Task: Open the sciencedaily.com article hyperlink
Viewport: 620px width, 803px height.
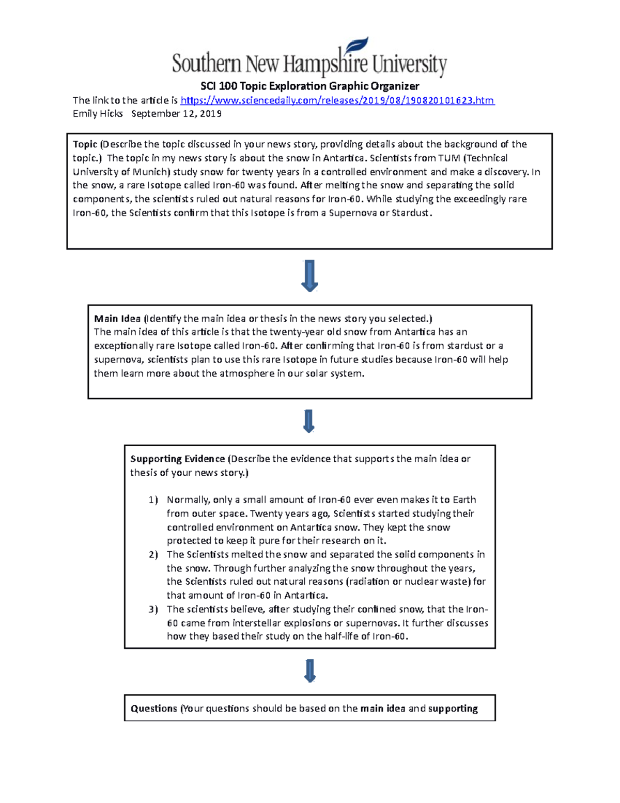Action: [337, 100]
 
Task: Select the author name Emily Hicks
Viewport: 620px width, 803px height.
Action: [98, 114]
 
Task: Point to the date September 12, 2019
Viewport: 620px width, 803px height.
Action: [176, 114]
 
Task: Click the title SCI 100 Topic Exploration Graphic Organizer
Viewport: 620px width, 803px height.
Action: [309, 86]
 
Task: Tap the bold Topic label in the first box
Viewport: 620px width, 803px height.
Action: [85, 144]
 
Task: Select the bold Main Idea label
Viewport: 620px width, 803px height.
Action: [117, 319]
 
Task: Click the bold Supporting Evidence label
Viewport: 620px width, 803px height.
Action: [177, 459]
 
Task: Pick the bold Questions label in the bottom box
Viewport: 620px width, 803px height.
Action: [153, 708]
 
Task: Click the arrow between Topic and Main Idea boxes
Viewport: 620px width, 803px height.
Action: [309, 276]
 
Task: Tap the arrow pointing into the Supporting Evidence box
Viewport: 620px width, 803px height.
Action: [309, 421]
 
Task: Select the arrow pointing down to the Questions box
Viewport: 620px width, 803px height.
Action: [309, 671]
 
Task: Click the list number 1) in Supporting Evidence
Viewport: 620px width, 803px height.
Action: [153, 500]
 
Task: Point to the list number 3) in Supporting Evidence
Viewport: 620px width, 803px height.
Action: [153, 609]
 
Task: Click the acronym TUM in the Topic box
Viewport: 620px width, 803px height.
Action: [449, 158]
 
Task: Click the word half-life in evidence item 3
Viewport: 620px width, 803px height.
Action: [343, 636]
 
